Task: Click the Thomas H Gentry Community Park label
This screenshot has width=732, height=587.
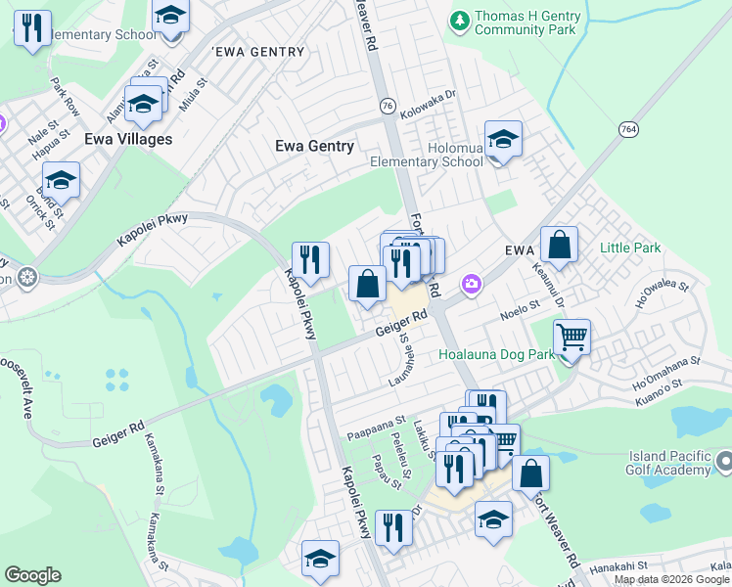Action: coord(526,23)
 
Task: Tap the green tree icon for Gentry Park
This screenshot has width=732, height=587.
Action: coord(458,19)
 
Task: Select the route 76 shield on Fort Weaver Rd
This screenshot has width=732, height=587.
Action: coord(388,106)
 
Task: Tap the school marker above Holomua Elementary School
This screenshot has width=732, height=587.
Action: coord(503,140)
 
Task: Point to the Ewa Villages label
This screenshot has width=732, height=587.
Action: coord(128,139)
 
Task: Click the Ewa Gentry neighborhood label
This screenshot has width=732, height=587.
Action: coord(314,146)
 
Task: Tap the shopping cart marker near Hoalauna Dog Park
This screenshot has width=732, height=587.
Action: coord(572,339)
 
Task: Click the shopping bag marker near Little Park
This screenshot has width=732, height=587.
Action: coord(559,247)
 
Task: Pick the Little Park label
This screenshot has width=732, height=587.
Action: coord(630,248)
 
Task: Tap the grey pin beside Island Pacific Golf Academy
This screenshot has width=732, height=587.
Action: coord(723,461)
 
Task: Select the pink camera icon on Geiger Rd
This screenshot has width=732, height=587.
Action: coord(473,284)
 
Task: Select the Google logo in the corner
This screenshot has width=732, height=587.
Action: coord(32,575)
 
